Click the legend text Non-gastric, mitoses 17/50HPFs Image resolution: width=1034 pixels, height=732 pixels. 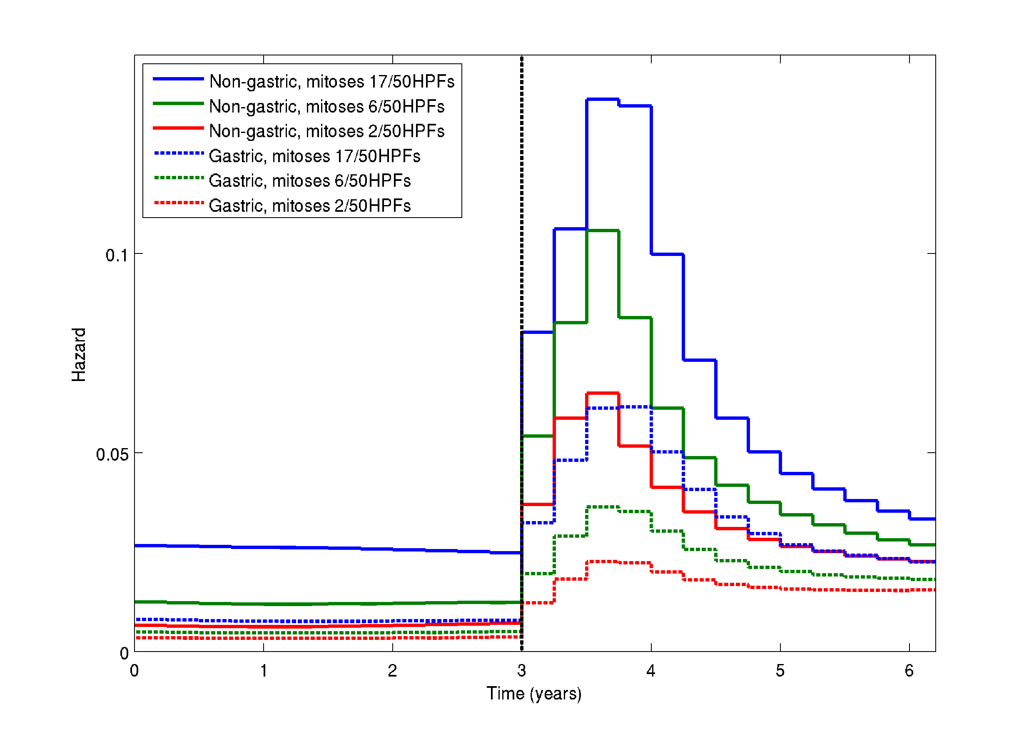(332, 82)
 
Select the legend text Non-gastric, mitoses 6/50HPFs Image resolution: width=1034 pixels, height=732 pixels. (327, 107)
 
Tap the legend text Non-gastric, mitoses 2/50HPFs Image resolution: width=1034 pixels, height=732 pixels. (327, 131)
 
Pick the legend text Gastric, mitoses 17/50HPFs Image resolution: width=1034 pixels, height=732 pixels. (314, 156)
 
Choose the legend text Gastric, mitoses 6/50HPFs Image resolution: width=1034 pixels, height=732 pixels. (310, 181)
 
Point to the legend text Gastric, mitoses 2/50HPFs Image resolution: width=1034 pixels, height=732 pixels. (310, 206)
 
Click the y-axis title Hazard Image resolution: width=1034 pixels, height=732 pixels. (79, 355)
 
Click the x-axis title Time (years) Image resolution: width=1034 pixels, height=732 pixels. (534, 693)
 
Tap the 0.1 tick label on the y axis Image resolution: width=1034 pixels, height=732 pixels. (117, 256)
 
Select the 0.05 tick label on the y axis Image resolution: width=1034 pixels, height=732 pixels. (112, 454)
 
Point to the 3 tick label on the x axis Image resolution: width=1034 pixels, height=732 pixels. (521, 671)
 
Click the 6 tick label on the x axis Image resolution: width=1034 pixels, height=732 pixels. (909, 671)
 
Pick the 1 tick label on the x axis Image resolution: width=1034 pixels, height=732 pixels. (264, 671)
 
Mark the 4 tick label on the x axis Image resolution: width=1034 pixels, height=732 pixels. (651, 671)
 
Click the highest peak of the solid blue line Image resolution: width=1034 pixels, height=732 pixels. (603, 99)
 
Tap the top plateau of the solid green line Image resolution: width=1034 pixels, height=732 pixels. (603, 231)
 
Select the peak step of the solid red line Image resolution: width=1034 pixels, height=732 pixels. (603, 394)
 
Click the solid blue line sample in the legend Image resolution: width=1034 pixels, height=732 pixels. (178, 79)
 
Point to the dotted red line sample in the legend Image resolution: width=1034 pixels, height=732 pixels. (178, 203)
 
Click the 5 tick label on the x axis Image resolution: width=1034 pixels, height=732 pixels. (780, 671)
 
